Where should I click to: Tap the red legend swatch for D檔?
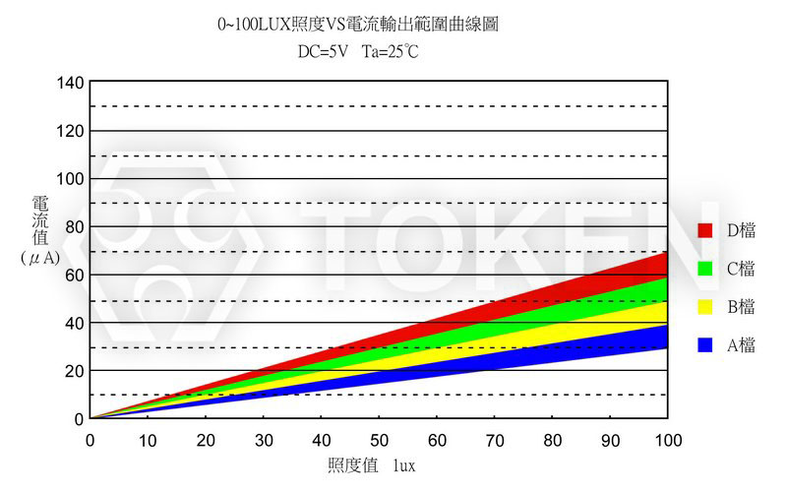click(x=704, y=230)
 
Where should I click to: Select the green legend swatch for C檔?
click(x=704, y=269)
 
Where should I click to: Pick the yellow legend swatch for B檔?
click(x=704, y=307)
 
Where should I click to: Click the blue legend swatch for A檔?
click(x=704, y=345)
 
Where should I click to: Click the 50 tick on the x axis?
click(x=379, y=438)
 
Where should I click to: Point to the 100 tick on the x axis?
click(x=667, y=438)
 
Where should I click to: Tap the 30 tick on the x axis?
click(x=264, y=438)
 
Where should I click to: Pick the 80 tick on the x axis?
click(x=552, y=438)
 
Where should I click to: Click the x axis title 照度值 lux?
click(x=371, y=465)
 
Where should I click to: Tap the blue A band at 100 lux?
click(x=661, y=338)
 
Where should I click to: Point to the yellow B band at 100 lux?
click(x=661, y=314)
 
